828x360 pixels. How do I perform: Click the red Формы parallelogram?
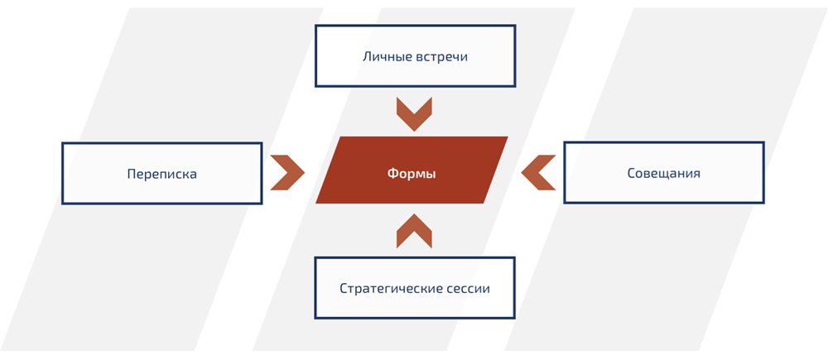click(412, 170)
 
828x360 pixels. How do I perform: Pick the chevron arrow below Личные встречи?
click(414, 113)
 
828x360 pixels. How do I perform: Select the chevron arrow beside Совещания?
click(538, 173)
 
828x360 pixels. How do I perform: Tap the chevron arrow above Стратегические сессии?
click(414, 231)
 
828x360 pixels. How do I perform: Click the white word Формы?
click(412, 174)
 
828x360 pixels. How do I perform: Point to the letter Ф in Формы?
click(392, 174)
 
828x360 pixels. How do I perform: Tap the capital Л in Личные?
click(367, 57)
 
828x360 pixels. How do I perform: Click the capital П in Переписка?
click(132, 174)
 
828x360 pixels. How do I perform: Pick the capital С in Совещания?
click(631, 174)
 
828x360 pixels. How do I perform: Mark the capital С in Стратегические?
click(344, 289)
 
